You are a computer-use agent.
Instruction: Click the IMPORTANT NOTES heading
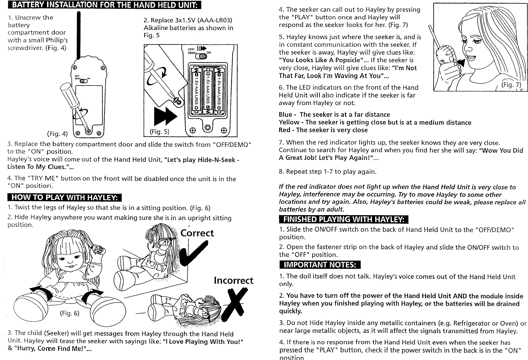tap(320, 265)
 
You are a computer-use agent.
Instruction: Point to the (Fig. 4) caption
tap(57, 133)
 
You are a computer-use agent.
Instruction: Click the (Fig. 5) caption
tap(159, 132)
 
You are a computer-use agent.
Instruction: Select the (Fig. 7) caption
tap(511, 86)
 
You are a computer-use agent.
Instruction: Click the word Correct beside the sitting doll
tap(197, 233)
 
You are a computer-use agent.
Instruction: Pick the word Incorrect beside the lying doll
tap(234, 280)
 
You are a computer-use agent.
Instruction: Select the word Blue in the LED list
tap(285, 115)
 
